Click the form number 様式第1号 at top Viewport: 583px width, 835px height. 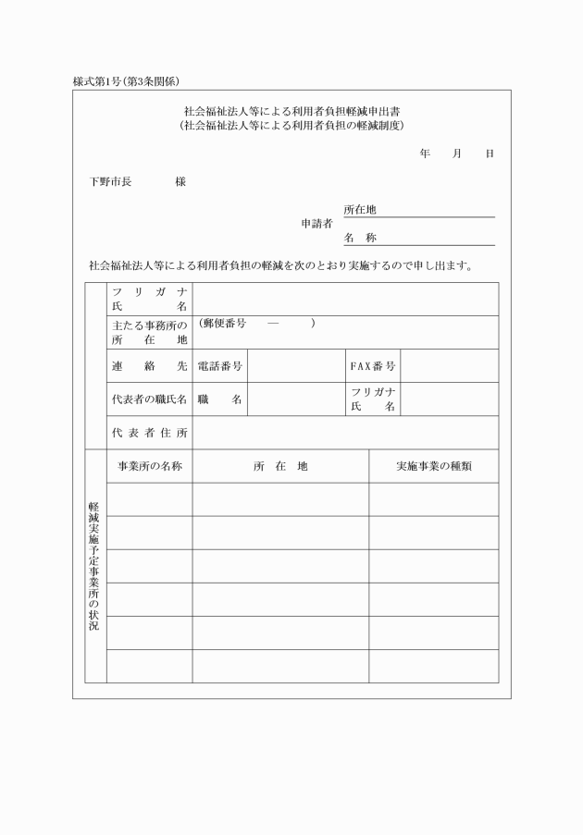(x=103, y=81)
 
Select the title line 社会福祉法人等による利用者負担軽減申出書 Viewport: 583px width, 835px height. (x=291, y=110)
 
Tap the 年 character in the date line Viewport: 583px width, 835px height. (x=424, y=153)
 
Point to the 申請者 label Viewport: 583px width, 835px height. (x=316, y=224)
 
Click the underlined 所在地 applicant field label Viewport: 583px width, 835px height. (x=360, y=211)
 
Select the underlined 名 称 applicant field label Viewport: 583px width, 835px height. (x=360, y=239)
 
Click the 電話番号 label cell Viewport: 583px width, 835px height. (x=220, y=366)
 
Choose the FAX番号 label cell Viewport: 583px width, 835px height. (x=372, y=366)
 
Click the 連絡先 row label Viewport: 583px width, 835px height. (x=149, y=366)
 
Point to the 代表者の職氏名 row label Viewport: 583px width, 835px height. (x=149, y=399)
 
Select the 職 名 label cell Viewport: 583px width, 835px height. (x=220, y=399)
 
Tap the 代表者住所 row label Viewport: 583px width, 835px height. (x=149, y=433)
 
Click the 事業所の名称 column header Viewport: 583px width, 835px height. (x=149, y=466)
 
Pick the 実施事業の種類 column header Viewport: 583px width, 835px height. (x=433, y=466)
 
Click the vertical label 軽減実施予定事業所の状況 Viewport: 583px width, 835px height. (x=94, y=566)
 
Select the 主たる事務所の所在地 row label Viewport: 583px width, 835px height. (x=149, y=333)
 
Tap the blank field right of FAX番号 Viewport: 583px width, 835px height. (x=449, y=366)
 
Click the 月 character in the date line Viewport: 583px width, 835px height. (x=457, y=153)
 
